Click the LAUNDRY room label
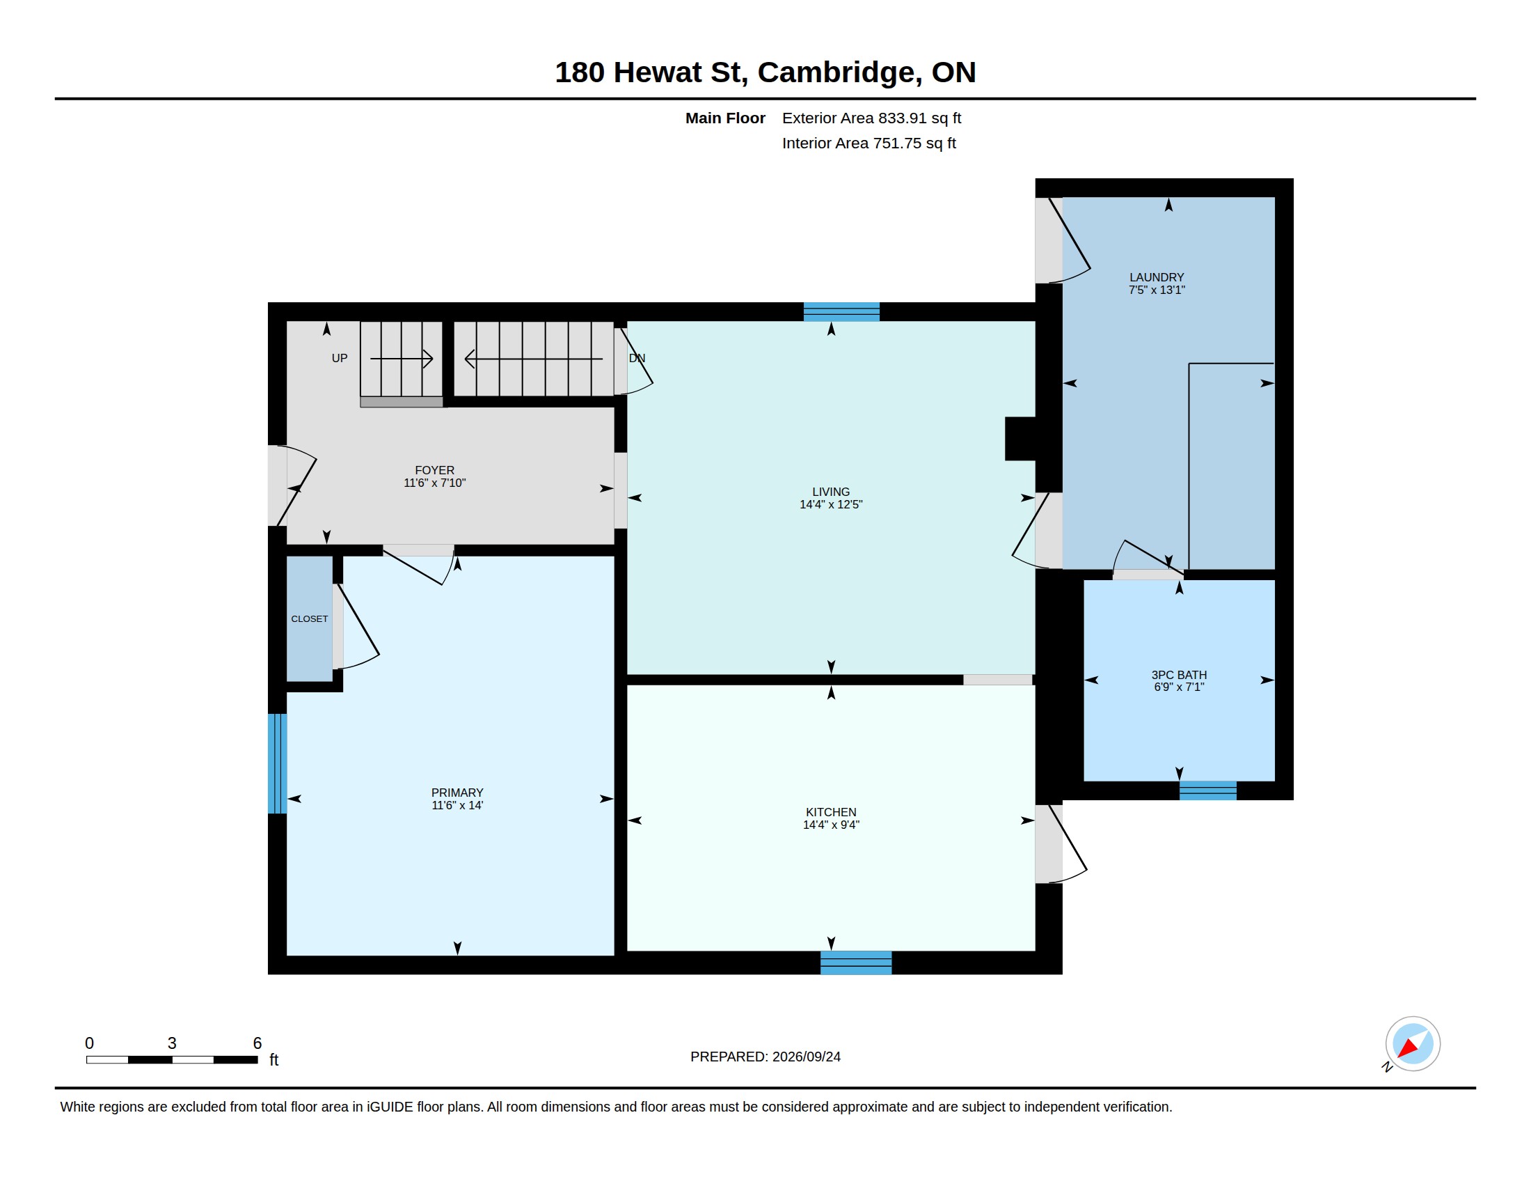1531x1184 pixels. [x=1157, y=277]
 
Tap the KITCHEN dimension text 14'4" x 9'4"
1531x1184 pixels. [x=831, y=825]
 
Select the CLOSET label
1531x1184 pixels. [x=309, y=618]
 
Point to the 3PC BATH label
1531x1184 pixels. [x=1179, y=675]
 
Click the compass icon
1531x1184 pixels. [x=1412, y=1044]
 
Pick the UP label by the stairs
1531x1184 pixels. [x=340, y=359]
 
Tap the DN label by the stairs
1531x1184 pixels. [x=637, y=359]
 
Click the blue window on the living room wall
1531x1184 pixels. [x=841, y=311]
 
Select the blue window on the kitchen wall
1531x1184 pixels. [x=856, y=963]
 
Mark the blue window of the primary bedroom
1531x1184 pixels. [x=278, y=764]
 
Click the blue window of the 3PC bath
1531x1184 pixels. [x=1208, y=790]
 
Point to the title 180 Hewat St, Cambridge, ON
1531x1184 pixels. [x=765, y=72]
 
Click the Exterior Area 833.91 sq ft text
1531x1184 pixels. [x=871, y=118]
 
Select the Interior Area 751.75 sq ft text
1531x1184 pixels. [x=868, y=143]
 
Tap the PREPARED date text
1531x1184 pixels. [x=765, y=1057]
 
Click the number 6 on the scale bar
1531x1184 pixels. [x=257, y=1043]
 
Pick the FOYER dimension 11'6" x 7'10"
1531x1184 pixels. [x=435, y=483]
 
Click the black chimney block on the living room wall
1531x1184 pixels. [x=1020, y=439]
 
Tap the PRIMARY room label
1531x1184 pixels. [x=457, y=793]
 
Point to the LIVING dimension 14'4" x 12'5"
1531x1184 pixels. [x=831, y=504]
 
